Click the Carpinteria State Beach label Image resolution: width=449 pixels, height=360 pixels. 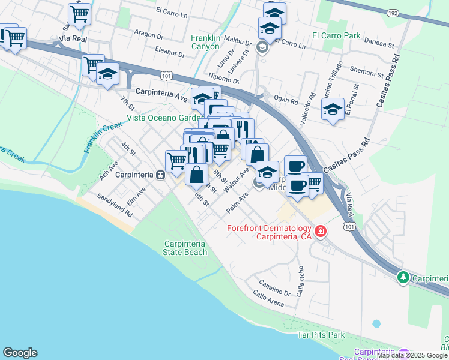185,248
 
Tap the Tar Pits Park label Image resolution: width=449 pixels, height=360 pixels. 322,334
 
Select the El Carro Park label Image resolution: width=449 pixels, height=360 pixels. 336,35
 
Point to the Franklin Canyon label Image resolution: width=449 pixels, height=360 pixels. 206,41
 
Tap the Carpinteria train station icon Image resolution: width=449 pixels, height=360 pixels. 160,175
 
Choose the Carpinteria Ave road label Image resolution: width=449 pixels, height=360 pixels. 162,93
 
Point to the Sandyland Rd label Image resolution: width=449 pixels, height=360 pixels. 115,205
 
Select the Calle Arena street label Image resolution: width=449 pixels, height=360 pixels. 268,298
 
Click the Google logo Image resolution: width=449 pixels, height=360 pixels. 20,353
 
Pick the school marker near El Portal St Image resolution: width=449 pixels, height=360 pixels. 333,110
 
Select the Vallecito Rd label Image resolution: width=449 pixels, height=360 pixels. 312,102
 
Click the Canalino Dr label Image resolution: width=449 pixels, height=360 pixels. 275,287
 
